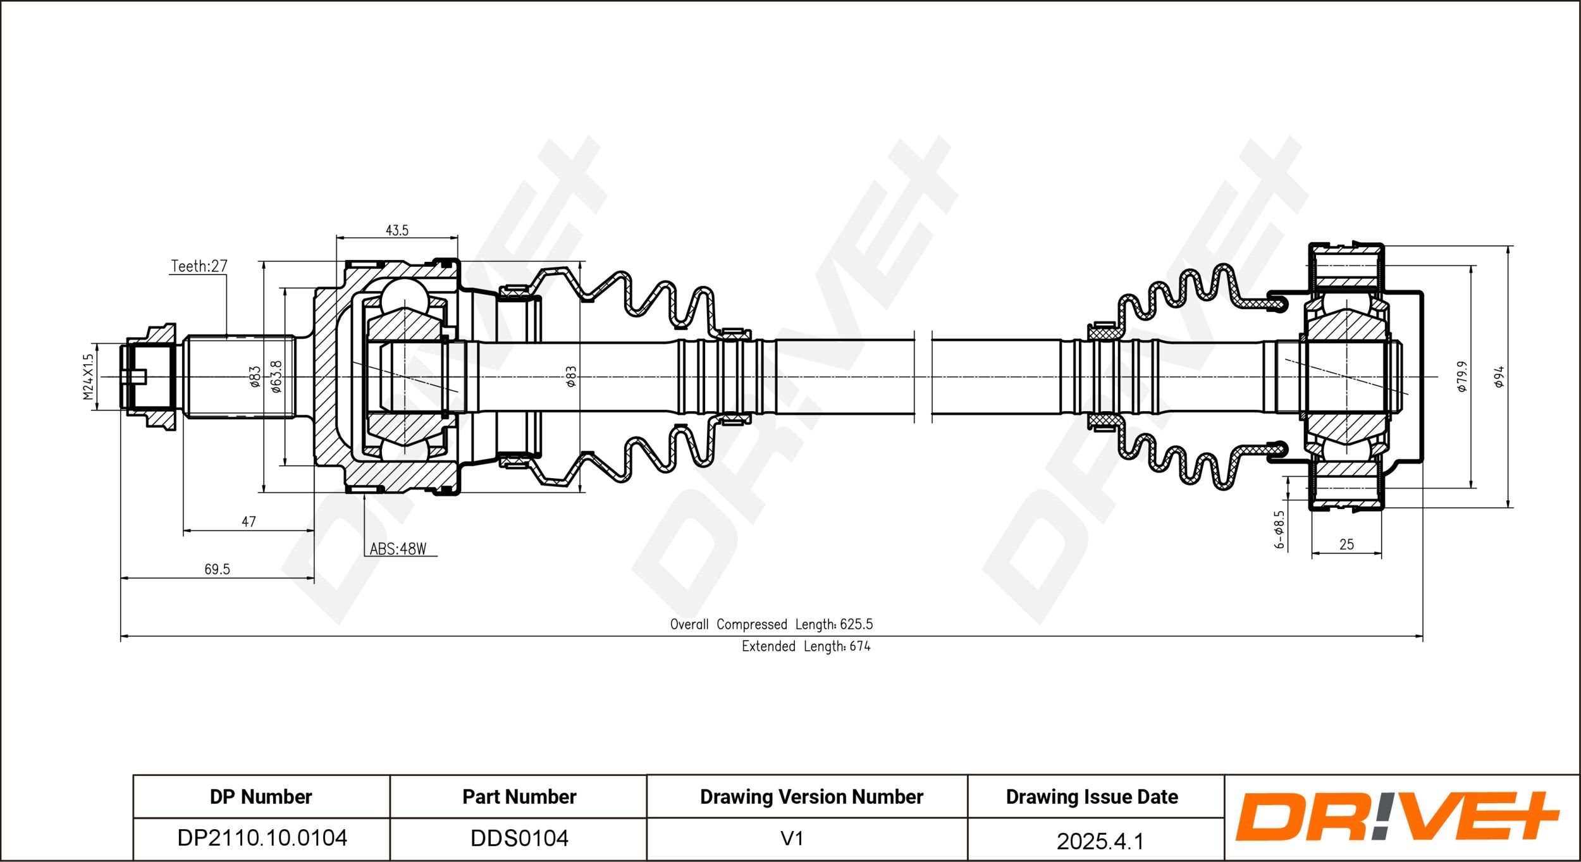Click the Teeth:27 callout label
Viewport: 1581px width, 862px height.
point(199,266)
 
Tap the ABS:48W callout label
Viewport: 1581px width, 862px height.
point(398,549)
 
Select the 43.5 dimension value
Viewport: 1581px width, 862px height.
point(397,230)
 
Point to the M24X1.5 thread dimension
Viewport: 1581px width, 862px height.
point(88,376)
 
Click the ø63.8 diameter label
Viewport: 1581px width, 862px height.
point(276,376)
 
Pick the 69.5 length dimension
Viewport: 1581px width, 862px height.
point(217,569)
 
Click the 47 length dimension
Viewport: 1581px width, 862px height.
point(249,522)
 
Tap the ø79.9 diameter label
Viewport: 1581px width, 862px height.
point(1462,377)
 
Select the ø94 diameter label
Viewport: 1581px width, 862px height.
point(1499,377)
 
